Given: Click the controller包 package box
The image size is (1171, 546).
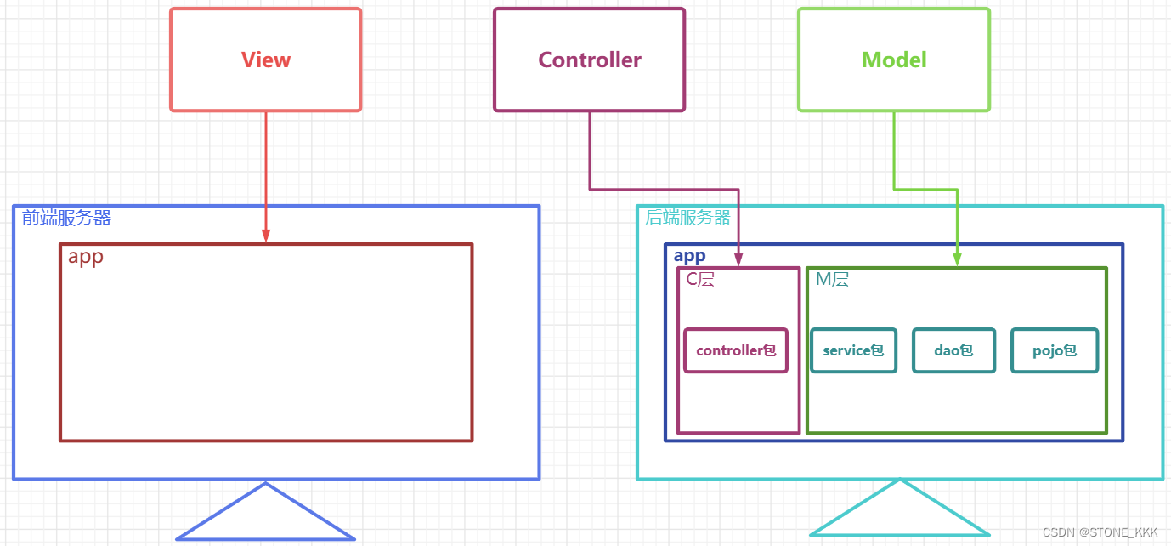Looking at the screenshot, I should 736,350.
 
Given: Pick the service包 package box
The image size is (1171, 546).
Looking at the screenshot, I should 853,350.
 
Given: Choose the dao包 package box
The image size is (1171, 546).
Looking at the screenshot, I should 953,350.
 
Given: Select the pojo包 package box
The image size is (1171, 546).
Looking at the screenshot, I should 1055,350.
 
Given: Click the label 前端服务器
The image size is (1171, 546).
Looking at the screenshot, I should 66,218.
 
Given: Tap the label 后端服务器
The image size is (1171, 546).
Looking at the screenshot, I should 687,218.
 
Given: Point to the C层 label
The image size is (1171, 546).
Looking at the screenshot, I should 700,279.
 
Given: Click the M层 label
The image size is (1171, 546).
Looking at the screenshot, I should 832,279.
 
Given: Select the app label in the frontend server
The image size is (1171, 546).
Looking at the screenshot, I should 86,257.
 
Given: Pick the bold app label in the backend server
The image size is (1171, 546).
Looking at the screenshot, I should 689,255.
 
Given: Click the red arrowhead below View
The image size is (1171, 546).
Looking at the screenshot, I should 266,236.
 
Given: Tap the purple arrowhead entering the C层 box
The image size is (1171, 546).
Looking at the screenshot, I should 738,259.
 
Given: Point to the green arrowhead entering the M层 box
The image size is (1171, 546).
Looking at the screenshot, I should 958,259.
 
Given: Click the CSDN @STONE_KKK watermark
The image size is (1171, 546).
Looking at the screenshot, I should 1100,532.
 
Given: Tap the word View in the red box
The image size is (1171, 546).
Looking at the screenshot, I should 266,60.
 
